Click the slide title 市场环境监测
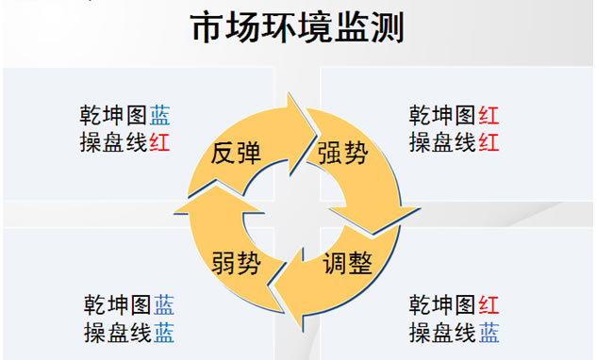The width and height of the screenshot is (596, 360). click(x=298, y=27)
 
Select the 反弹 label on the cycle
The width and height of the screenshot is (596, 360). click(x=236, y=154)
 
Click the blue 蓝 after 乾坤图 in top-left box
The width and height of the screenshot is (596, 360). click(x=159, y=116)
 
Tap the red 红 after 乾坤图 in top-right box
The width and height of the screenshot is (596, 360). click(x=488, y=116)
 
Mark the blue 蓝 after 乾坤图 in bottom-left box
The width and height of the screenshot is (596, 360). click(x=164, y=305)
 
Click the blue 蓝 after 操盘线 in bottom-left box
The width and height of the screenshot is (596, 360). click(x=164, y=332)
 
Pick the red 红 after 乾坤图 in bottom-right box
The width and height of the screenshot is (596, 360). click(x=488, y=305)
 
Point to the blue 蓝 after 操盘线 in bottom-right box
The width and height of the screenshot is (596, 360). click(x=488, y=332)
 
